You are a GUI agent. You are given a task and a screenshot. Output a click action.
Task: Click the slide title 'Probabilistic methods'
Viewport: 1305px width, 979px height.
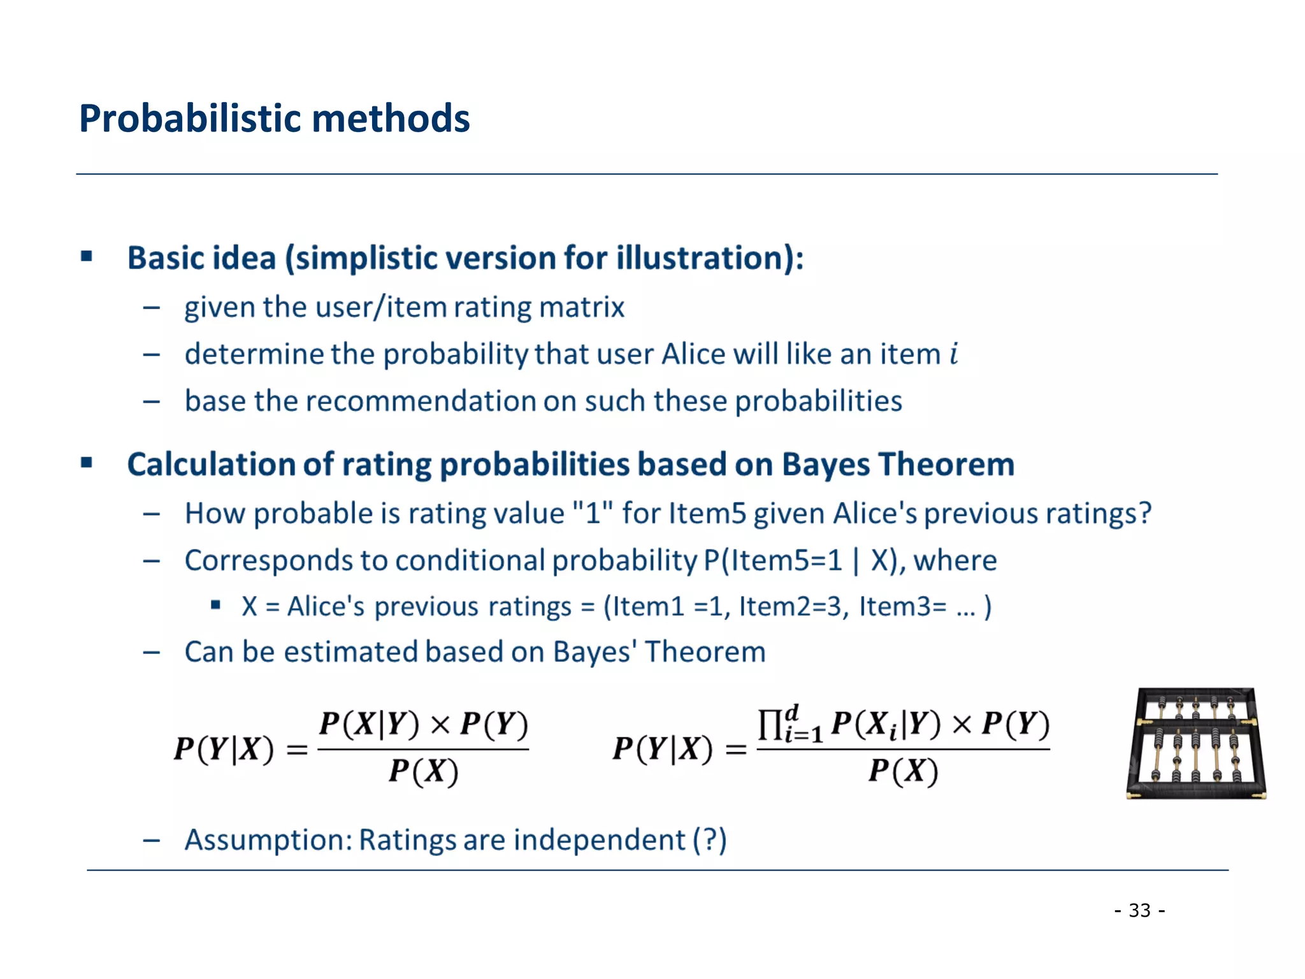tap(274, 119)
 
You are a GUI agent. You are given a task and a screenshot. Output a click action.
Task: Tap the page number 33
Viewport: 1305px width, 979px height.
tap(1139, 910)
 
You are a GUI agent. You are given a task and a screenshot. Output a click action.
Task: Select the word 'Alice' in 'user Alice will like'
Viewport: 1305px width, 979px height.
tap(695, 354)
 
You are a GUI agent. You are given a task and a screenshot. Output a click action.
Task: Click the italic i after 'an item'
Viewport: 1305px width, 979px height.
tap(954, 354)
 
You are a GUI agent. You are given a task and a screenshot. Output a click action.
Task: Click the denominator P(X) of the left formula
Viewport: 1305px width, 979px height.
tap(424, 772)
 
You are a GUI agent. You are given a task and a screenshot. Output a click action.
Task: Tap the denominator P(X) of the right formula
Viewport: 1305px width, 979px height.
tap(903, 772)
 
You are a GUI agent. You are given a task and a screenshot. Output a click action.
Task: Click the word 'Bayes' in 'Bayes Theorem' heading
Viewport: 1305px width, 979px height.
tap(825, 465)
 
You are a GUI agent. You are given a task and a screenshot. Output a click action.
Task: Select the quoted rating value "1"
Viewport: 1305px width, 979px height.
tap(593, 513)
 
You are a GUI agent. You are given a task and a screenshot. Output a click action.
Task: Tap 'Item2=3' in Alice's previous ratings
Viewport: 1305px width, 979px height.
tap(793, 606)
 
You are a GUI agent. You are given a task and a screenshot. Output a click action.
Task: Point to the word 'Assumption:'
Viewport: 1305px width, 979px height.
tap(268, 840)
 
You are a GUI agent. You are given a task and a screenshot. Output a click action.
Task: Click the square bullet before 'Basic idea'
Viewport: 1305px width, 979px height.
tap(87, 257)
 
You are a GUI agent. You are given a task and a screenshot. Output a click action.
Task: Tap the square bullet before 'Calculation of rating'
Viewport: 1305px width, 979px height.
tap(87, 463)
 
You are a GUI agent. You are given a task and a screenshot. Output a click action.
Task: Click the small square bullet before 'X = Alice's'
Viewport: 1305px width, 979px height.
tap(216, 604)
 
